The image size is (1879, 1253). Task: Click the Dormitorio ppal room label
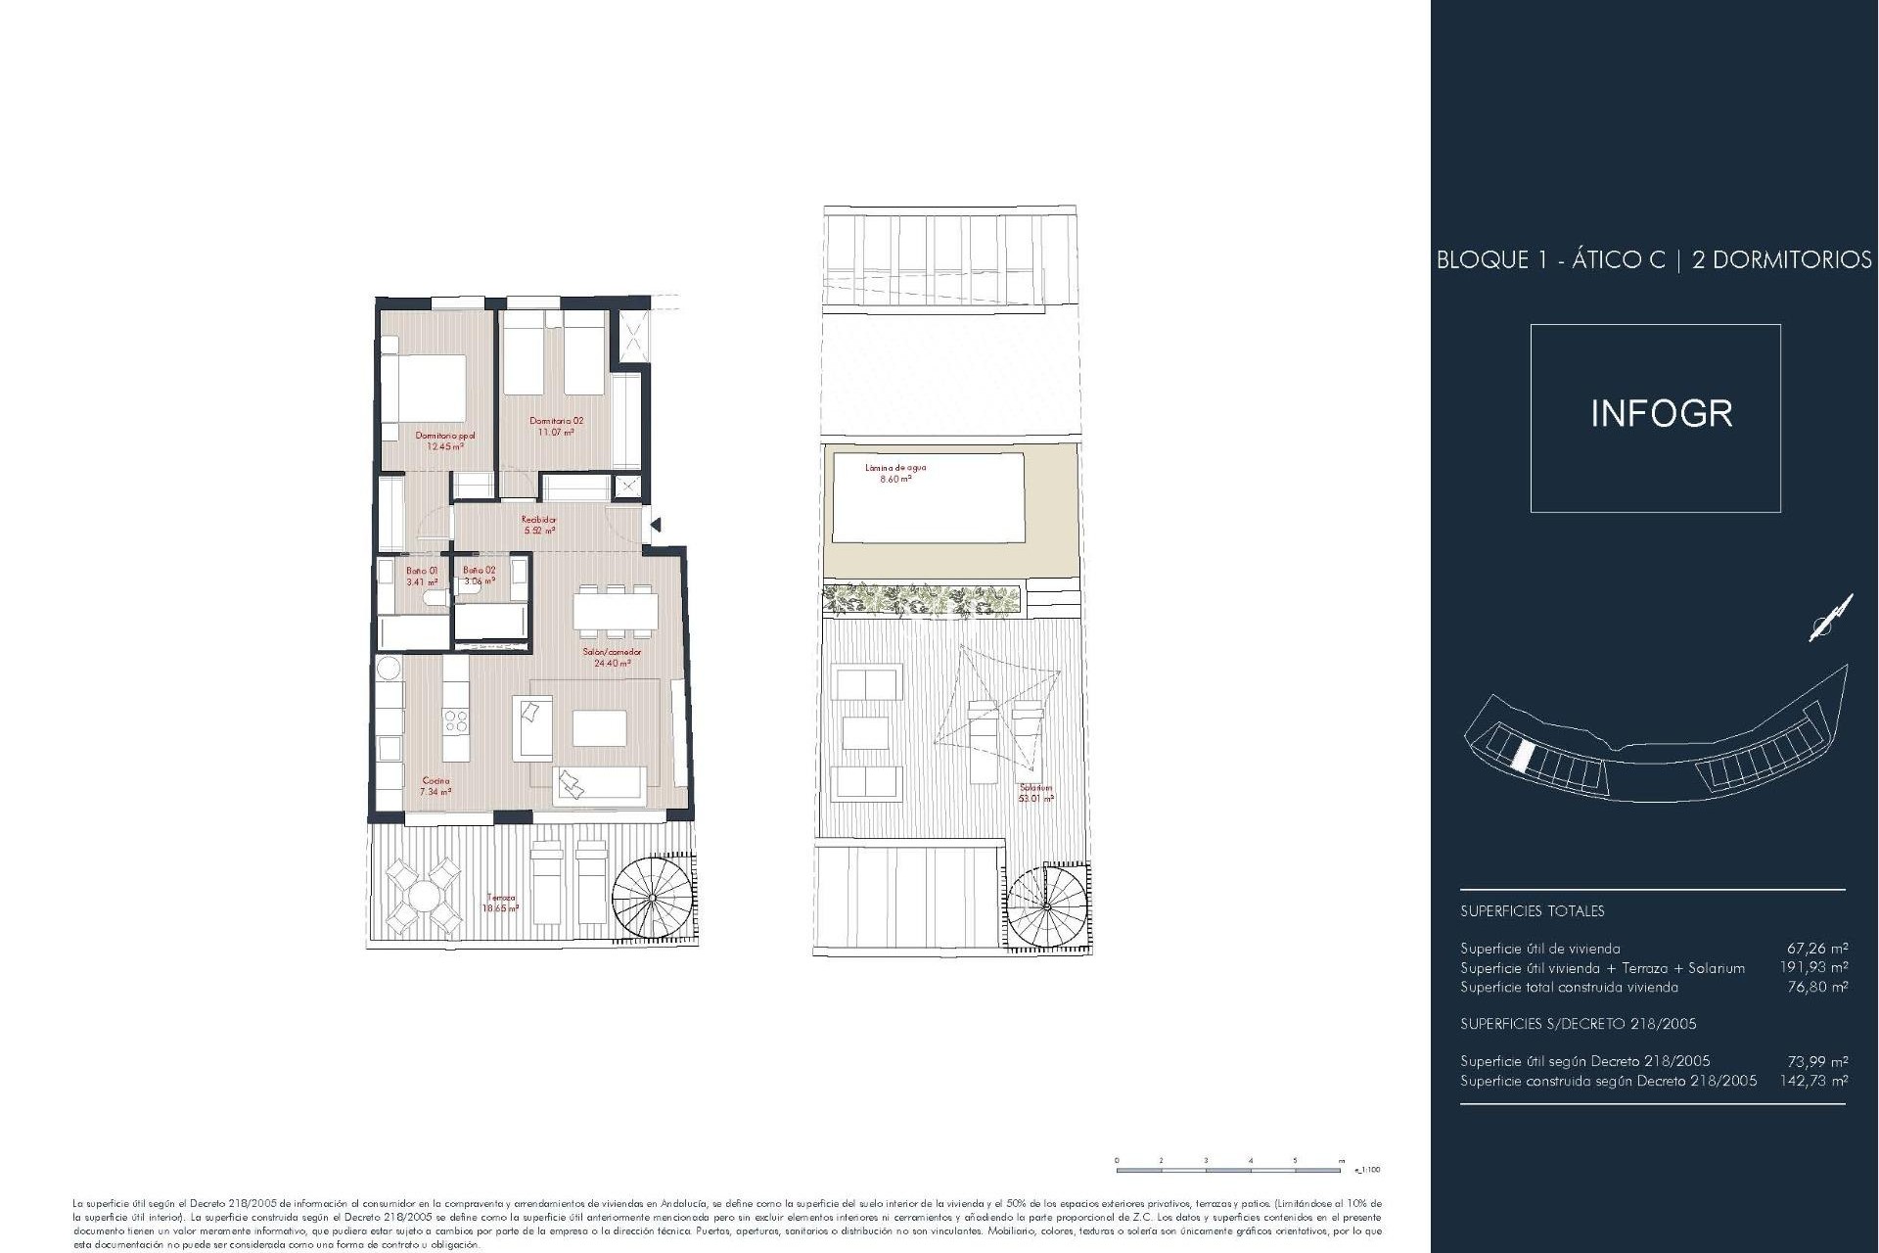pyautogui.click(x=445, y=436)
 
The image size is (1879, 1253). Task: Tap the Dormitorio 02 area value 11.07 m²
pyautogui.click(x=556, y=432)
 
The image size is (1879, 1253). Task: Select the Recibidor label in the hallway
pyautogui.click(x=539, y=520)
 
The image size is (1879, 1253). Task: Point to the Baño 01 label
pyautogui.click(x=422, y=571)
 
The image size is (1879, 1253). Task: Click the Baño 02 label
pyautogui.click(x=480, y=571)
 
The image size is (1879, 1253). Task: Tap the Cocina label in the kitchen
pyautogui.click(x=435, y=781)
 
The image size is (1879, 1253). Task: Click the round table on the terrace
pyautogui.click(x=422, y=896)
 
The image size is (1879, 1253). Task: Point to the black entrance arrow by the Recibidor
pyautogui.click(x=655, y=526)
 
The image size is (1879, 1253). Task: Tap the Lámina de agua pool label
pyautogui.click(x=894, y=468)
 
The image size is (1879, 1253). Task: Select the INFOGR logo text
pyautogui.click(x=1661, y=414)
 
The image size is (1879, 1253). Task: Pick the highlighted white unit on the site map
pyautogui.click(x=1524, y=755)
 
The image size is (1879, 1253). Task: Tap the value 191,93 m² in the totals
pyautogui.click(x=1813, y=968)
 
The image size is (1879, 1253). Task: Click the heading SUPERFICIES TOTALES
pyautogui.click(x=1532, y=911)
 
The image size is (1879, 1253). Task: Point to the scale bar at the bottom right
pyautogui.click(x=1229, y=1168)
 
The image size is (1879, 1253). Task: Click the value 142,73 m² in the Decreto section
pyautogui.click(x=1813, y=1082)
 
